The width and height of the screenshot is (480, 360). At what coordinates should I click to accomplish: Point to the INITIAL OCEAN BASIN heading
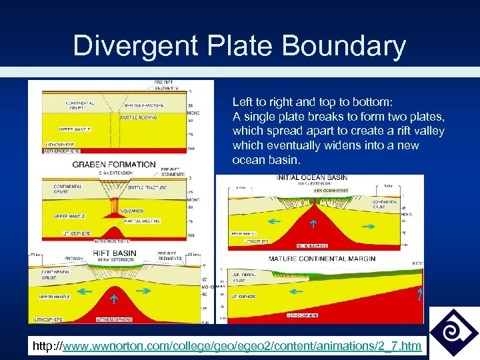coord(312,178)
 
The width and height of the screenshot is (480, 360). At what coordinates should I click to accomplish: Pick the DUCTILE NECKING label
coord(139,117)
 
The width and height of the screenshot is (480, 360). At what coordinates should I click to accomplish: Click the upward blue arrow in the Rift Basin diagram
coord(113,299)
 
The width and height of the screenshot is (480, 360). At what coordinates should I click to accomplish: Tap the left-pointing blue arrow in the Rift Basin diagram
coord(85,291)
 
